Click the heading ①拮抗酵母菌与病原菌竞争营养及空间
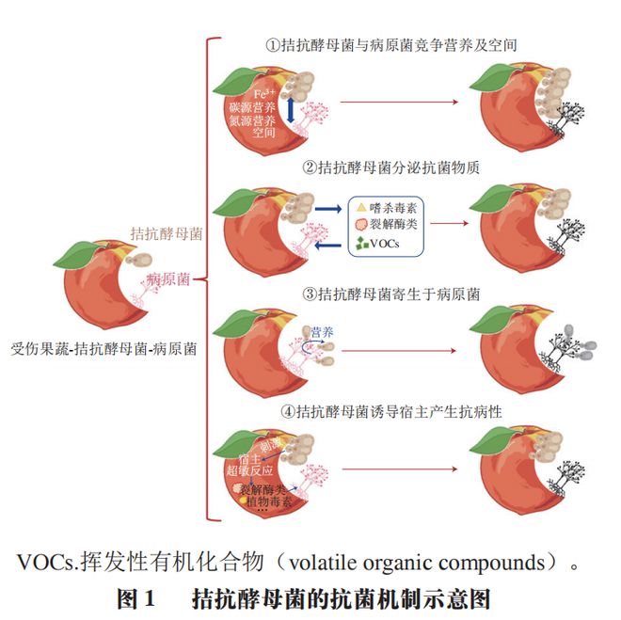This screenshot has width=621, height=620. [x=391, y=44]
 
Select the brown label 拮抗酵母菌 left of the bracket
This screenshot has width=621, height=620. [x=167, y=233]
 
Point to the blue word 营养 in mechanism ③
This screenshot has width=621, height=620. [x=324, y=331]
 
